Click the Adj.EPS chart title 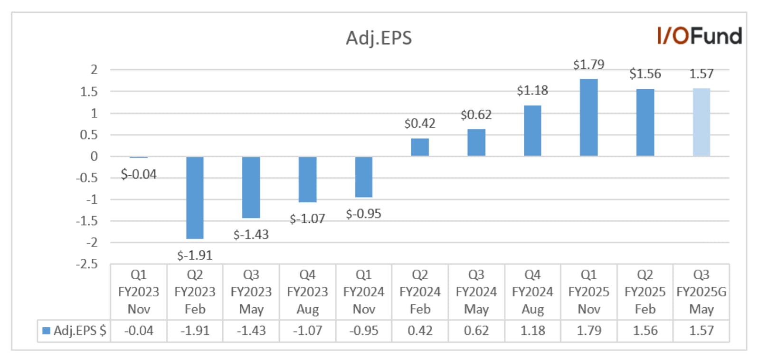(x=379, y=38)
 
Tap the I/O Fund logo (x=699, y=36)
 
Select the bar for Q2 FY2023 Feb (x=195, y=198)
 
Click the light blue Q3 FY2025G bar (x=701, y=122)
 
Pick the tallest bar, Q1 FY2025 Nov (x=589, y=117)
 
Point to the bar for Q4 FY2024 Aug (x=532, y=131)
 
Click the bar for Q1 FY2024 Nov (x=364, y=177)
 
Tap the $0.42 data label (x=420, y=123)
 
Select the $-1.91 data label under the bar (x=195, y=255)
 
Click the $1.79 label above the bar (x=589, y=64)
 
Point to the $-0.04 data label (x=139, y=174)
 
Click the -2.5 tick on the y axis (x=87, y=264)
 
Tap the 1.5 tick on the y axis (x=89, y=92)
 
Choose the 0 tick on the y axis (x=94, y=156)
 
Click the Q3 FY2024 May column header (x=476, y=292)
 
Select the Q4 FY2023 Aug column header (x=308, y=292)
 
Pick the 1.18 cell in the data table (x=532, y=331)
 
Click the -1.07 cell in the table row (x=308, y=331)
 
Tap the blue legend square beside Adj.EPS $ (x=47, y=331)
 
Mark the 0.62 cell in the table (x=476, y=331)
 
